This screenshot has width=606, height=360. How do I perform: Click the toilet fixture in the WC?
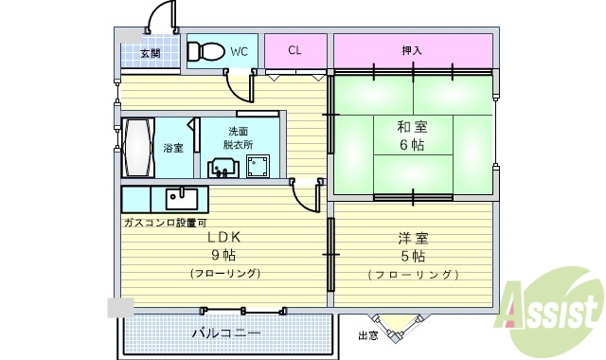[x=205, y=52]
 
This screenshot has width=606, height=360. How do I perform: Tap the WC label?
[x=239, y=50]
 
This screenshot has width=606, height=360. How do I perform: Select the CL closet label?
[x=294, y=49]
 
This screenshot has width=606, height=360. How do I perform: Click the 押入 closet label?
[x=412, y=49]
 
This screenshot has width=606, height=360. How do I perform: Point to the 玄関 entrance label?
[x=151, y=54]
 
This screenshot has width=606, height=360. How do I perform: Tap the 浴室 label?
[x=172, y=148]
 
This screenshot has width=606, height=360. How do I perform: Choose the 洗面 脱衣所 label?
[x=238, y=138]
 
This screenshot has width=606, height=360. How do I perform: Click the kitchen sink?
[x=182, y=199]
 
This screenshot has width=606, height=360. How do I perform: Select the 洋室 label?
[x=412, y=239]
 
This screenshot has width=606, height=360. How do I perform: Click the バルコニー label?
[x=225, y=333]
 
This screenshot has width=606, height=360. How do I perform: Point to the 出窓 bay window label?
[x=368, y=336]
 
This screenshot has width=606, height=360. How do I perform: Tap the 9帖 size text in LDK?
[x=223, y=256]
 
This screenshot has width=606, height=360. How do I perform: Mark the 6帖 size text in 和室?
[x=412, y=146]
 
